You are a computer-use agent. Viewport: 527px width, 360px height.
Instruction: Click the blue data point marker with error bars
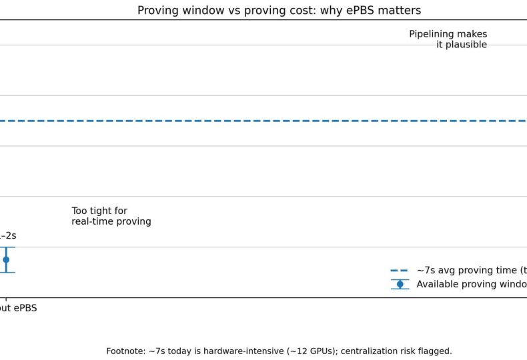pos(6,259)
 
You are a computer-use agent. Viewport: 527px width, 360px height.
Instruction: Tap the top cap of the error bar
pos(6,247)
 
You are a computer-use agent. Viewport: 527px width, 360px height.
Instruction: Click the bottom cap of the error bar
pos(6,272)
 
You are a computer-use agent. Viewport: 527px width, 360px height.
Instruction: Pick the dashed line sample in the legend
pos(400,271)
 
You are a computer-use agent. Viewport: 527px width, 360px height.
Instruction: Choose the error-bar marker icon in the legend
pos(400,284)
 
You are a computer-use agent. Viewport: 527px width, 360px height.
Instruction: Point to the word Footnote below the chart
pos(125,351)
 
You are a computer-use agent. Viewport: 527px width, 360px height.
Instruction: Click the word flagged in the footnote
pos(434,351)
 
